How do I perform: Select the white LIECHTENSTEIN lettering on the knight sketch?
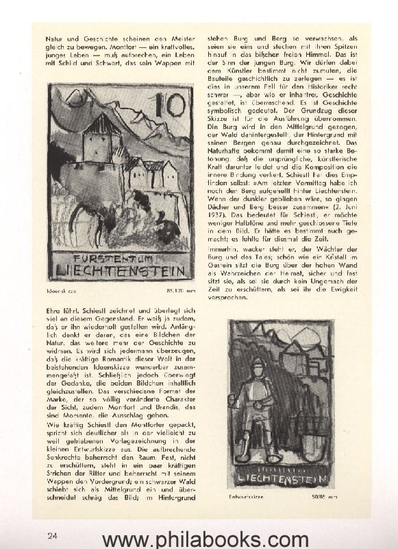click(x=281, y=475)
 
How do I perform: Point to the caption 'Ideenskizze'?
click(x=62, y=291)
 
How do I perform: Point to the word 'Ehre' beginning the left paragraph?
click(x=53, y=311)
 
